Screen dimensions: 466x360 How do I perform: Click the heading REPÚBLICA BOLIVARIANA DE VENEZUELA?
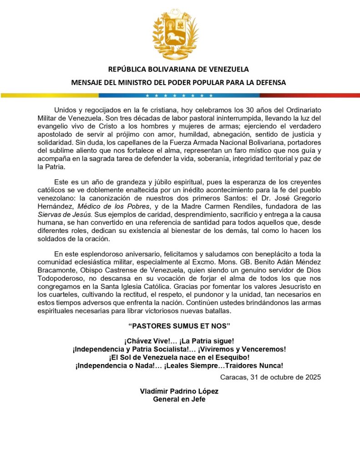point(178,70)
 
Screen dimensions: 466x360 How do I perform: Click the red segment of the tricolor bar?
point(309,96)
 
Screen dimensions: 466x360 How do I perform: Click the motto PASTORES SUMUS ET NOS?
point(180,326)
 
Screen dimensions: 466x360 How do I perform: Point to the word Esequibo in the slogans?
point(230,357)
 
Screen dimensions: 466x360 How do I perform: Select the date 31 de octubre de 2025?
point(270,377)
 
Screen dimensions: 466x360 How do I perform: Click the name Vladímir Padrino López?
point(179,391)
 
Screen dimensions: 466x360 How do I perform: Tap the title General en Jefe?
point(179,399)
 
